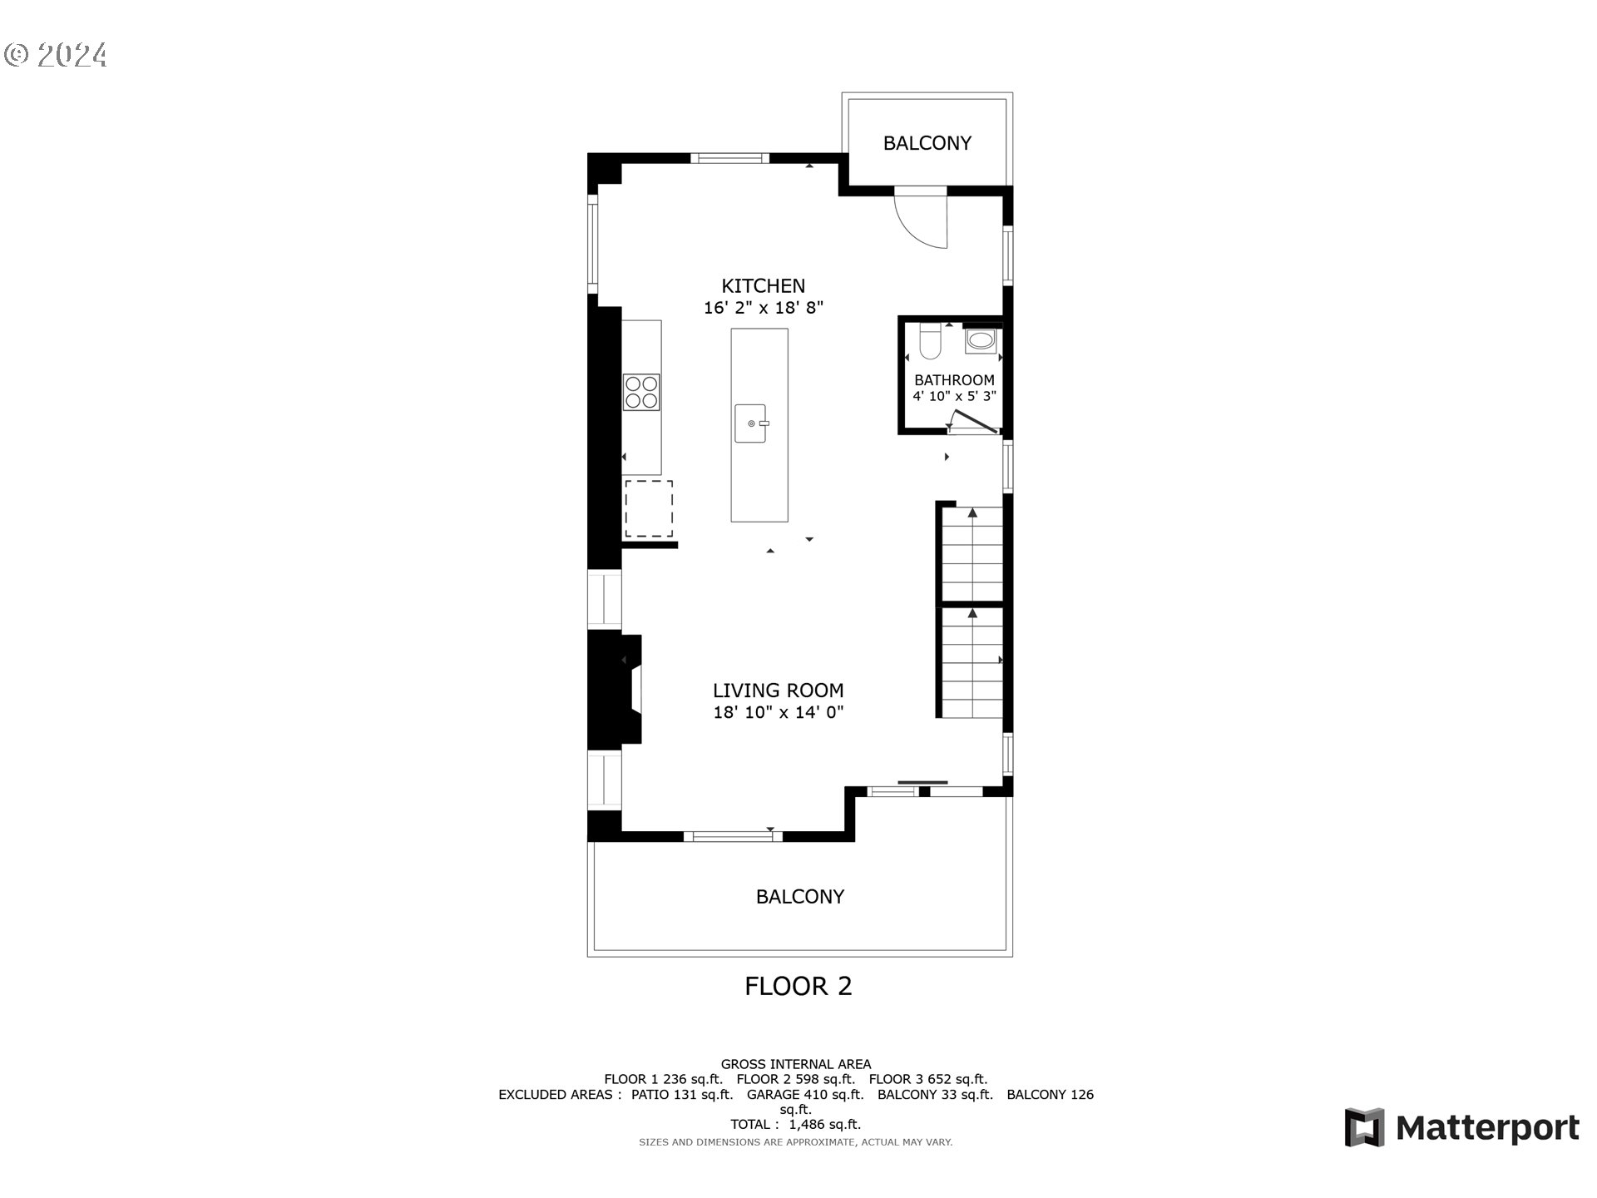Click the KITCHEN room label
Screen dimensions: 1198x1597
[x=763, y=285]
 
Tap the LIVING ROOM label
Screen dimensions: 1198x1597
[x=778, y=691]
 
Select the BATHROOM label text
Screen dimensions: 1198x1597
[x=954, y=380]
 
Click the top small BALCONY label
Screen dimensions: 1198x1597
[x=927, y=143]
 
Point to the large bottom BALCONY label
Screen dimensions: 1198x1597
[x=799, y=897]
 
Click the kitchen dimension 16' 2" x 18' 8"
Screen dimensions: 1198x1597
[x=763, y=308]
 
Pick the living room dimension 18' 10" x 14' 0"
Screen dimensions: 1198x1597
[x=778, y=712]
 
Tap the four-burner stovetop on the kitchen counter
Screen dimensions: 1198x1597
[x=641, y=392]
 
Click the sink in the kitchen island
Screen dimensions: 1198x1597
[x=750, y=423]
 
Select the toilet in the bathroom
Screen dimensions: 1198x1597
[x=930, y=342]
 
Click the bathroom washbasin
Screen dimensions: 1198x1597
[x=981, y=340]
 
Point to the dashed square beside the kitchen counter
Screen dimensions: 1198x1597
[x=649, y=508]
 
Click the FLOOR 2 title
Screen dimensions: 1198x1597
[x=798, y=987]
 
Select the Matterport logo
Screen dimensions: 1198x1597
[x=1461, y=1127]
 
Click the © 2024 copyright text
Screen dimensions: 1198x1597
[x=56, y=55]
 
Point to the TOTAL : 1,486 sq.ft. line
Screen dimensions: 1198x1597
[x=795, y=1124]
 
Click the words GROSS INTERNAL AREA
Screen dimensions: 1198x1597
[x=795, y=1064]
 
